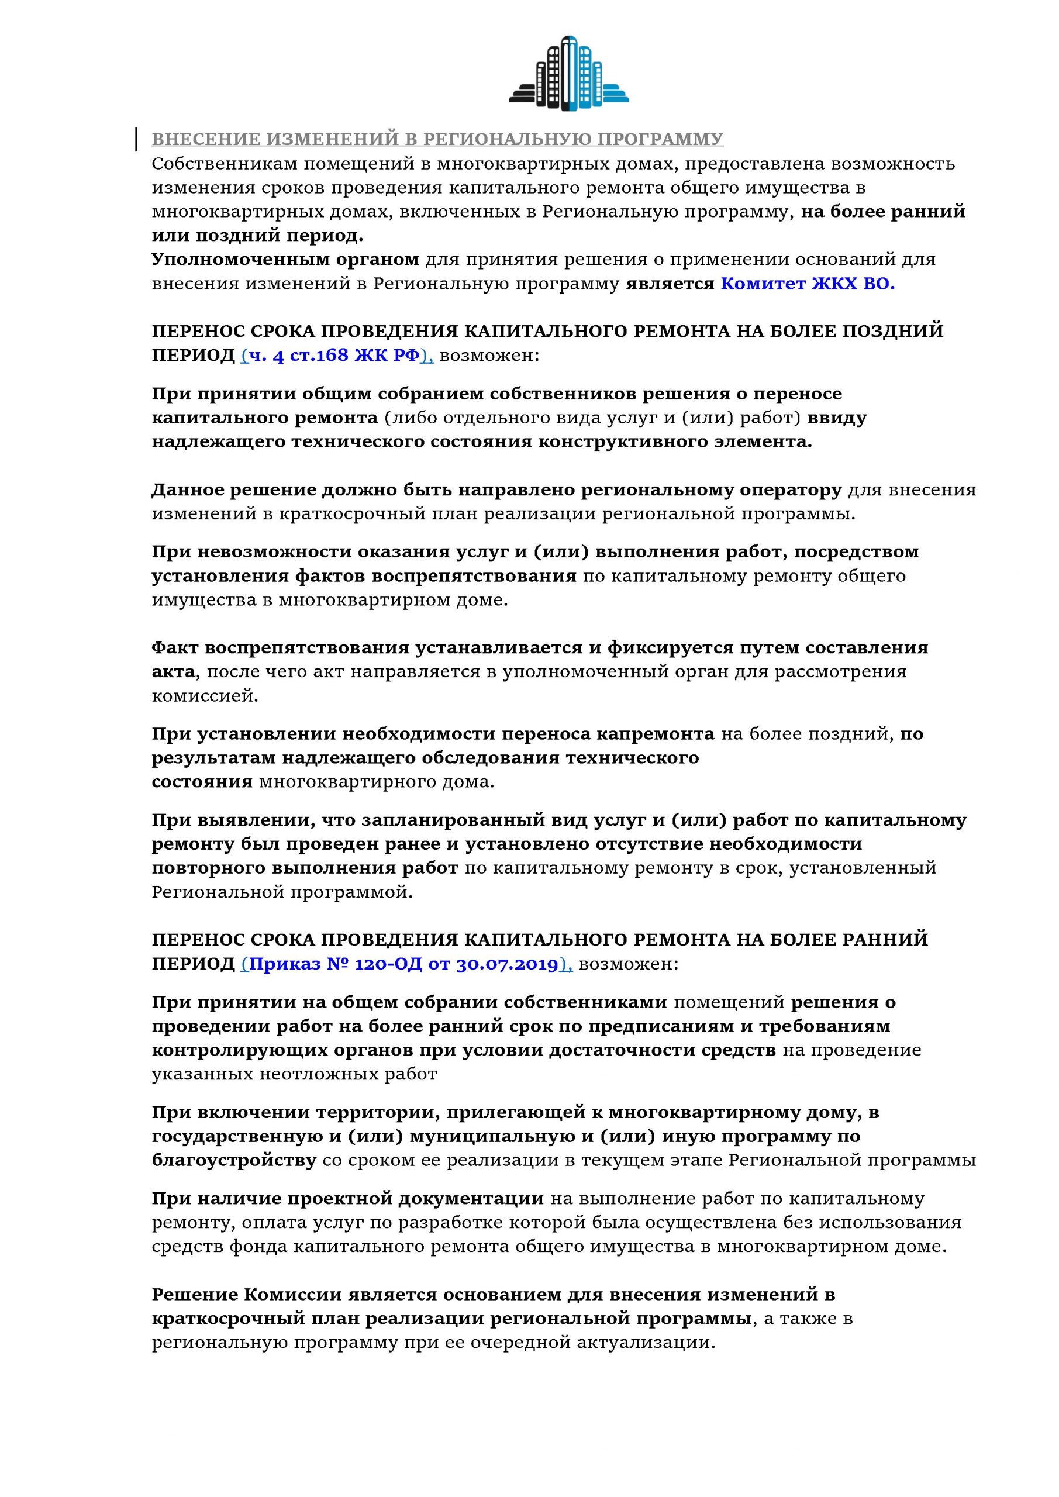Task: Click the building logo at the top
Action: point(568,73)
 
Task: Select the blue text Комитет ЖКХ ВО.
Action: point(808,284)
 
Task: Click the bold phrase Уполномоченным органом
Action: point(285,260)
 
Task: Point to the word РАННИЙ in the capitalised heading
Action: point(885,940)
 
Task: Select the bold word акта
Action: point(174,671)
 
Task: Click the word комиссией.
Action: point(205,696)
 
